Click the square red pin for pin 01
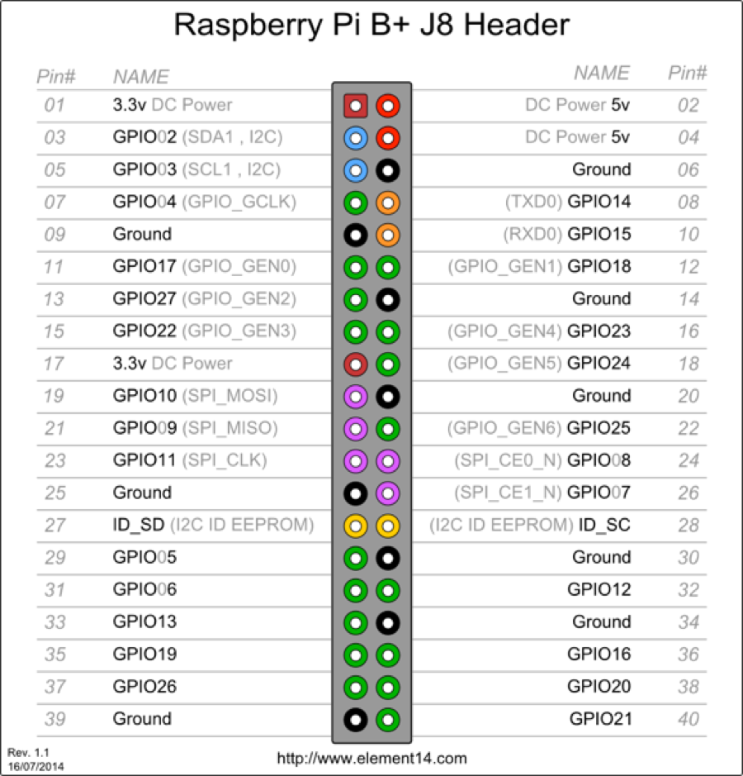[x=355, y=105]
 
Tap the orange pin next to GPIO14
[x=387, y=202]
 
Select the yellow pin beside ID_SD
[x=355, y=525]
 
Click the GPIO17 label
[x=144, y=266]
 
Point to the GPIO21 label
[x=600, y=719]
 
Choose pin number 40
[x=688, y=720]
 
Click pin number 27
[x=54, y=526]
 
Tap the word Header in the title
[x=517, y=25]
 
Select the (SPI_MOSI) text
[x=230, y=396]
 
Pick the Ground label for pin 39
[x=142, y=719]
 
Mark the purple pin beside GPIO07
[x=387, y=493]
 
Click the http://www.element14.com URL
[x=371, y=758]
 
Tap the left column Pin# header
[x=56, y=77]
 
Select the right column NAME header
[x=602, y=74]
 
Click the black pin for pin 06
[x=387, y=170]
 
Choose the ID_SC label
[x=604, y=526]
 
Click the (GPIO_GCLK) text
[x=239, y=202]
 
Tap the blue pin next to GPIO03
[x=355, y=170]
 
